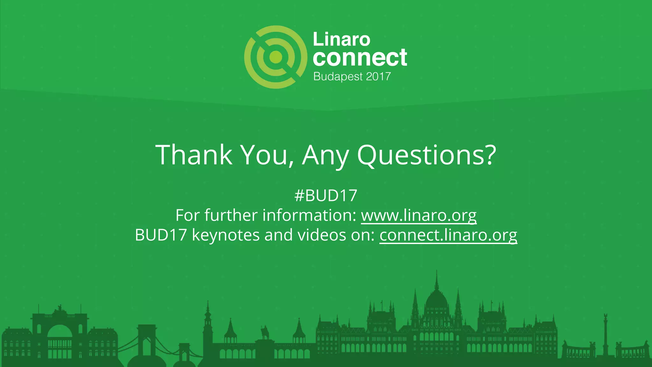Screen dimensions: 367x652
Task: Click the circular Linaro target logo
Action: point(276,57)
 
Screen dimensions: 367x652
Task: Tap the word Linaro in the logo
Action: point(342,40)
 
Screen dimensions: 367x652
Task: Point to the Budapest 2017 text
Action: point(352,76)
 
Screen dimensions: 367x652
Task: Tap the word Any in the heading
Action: point(325,155)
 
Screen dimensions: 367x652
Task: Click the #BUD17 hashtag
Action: point(326,195)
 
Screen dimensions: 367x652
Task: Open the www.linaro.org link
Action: point(419,215)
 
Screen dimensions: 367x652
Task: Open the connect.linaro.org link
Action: point(448,235)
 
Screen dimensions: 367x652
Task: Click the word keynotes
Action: point(226,235)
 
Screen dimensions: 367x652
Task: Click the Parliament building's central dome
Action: point(436,299)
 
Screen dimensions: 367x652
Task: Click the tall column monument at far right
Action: point(605,335)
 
